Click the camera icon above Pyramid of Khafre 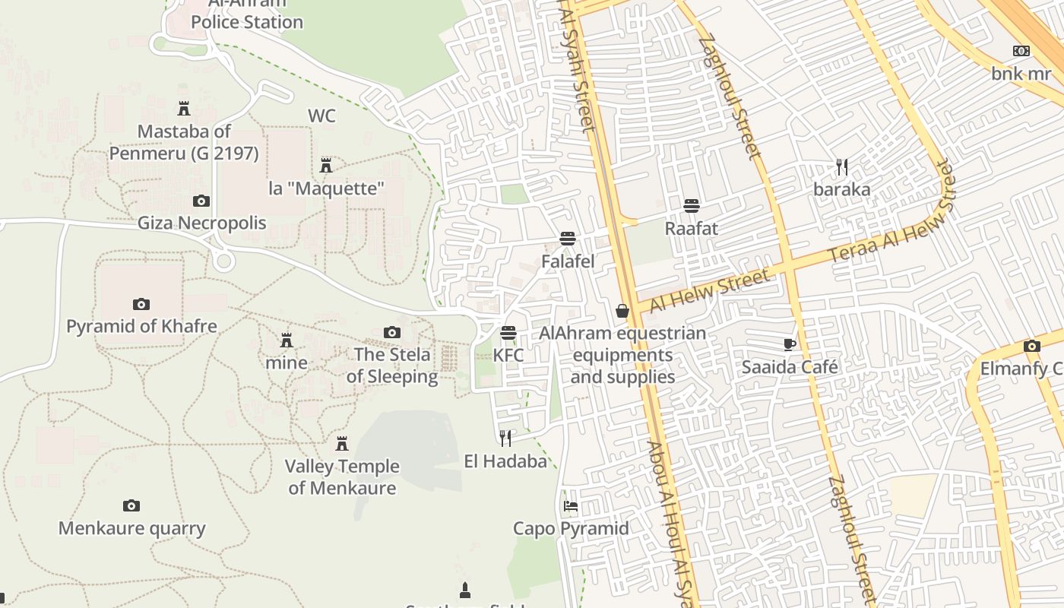(141, 304)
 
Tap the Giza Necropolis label (202, 223)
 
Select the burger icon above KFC (508, 333)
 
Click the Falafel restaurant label (568, 261)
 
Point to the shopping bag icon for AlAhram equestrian (622, 311)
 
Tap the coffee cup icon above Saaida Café (790, 344)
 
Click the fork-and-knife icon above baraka (841, 167)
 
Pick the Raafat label (691, 228)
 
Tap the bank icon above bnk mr (1021, 51)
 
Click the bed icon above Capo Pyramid (571, 506)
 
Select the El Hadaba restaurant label (505, 461)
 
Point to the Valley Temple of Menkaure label (342, 477)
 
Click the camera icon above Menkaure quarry (131, 505)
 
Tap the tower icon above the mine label (287, 340)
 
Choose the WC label (321, 116)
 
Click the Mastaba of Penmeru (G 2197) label (184, 142)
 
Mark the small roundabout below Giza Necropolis (223, 261)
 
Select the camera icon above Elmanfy (1031, 347)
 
